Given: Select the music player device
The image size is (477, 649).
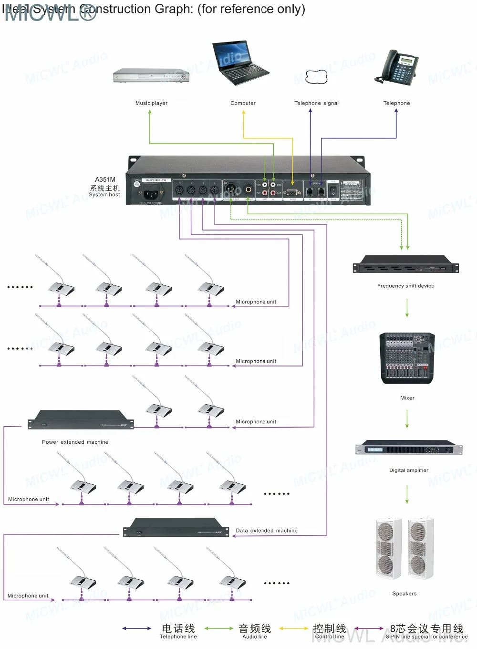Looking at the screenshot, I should point(152,75).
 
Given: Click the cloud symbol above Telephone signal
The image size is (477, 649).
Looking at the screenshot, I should point(316,77).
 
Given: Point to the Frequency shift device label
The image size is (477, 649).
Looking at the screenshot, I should point(405,286).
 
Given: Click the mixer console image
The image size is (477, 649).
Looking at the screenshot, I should point(407,358).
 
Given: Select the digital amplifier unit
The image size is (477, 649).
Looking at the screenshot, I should point(409,449).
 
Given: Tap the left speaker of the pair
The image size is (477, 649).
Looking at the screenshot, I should point(388,547).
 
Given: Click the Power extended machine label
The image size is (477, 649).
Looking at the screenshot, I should point(75,442).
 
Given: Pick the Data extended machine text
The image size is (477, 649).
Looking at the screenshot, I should point(267,530).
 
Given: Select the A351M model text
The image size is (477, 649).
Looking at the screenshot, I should point(105,179).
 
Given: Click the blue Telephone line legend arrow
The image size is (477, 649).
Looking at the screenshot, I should point(137,628).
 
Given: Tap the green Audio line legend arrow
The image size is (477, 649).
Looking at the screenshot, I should point(219,628).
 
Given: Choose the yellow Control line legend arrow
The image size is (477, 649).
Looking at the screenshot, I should point(293,628).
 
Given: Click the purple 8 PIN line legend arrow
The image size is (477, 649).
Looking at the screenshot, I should point(369,628).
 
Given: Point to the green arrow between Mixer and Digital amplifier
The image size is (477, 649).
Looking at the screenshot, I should point(407,419).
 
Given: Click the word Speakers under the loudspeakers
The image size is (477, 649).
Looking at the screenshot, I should point(404,594).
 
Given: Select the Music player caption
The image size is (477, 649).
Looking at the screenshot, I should point(151,103).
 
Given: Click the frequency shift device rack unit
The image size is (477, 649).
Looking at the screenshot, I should point(405,265).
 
